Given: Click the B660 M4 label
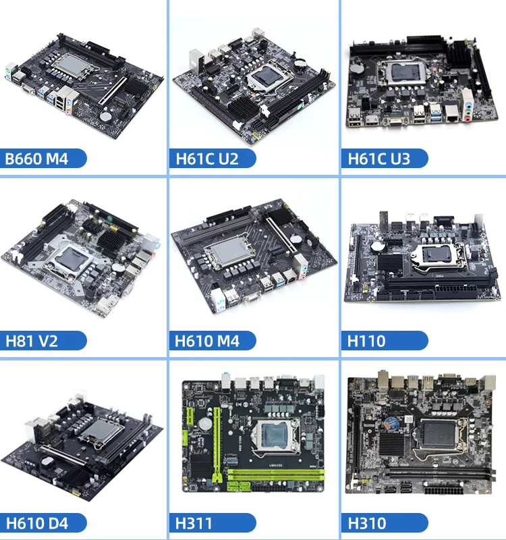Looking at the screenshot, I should (40, 159).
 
